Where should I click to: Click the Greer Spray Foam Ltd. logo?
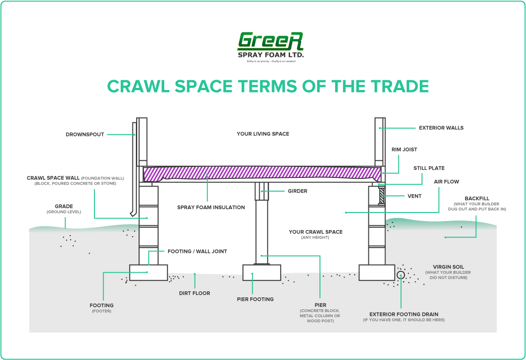[x=270, y=46]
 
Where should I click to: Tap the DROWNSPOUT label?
[x=85, y=135]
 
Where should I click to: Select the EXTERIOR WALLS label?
[x=441, y=128]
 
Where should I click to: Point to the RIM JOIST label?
[x=404, y=149]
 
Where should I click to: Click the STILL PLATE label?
[x=429, y=168]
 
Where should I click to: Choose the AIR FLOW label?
[x=446, y=182]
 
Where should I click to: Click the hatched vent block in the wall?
[x=381, y=195]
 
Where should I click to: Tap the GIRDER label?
[x=297, y=191]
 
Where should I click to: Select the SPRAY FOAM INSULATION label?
[x=211, y=207]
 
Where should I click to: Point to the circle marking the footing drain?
[x=401, y=275]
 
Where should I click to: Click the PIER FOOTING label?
[x=255, y=299]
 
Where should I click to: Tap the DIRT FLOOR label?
[x=194, y=293]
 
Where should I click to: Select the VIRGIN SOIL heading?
[x=448, y=267]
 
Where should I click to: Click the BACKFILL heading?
[x=477, y=198]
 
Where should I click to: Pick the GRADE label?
[x=64, y=206]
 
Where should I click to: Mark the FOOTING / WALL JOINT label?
[x=197, y=251]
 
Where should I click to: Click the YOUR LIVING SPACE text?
[x=263, y=134]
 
